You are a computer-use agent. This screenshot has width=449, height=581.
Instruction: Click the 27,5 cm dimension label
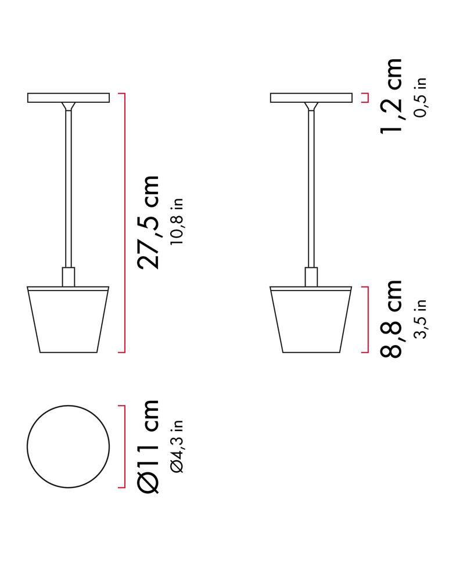point(148,221)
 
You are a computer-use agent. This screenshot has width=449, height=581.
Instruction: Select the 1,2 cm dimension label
point(390,96)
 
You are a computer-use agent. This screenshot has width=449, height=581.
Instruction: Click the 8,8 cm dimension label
point(390,318)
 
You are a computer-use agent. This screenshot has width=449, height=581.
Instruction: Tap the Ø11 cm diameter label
point(148,446)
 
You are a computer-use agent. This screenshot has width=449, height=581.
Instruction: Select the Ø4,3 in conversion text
point(177,446)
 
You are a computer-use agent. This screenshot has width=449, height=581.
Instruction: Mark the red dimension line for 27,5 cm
point(125,223)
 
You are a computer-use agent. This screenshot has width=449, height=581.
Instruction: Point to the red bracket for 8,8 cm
point(367,319)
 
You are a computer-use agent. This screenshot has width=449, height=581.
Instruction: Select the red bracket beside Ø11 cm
point(125,446)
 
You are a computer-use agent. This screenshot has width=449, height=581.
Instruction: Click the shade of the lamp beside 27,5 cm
point(68,320)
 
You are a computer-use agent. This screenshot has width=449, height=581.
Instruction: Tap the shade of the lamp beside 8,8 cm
point(311,320)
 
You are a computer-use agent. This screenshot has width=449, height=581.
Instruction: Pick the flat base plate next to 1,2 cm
point(311,98)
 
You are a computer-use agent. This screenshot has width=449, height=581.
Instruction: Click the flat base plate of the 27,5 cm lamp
point(68,98)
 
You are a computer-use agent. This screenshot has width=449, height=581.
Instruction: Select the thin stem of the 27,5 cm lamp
point(69,186)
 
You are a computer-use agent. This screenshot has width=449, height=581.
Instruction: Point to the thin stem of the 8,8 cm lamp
point(311,186)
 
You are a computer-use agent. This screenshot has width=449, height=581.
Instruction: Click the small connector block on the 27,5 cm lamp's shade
point(69,277)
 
